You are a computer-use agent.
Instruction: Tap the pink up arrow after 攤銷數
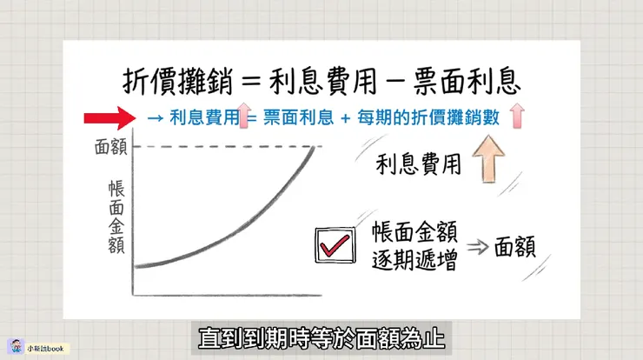[x=520, y=117]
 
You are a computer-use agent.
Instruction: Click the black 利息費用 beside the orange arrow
[x=414, y=163]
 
